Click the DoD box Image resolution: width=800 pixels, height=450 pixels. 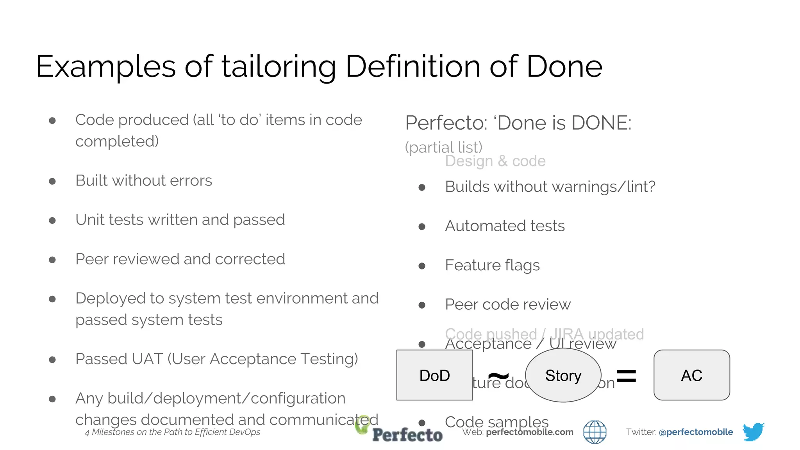click(434, 375)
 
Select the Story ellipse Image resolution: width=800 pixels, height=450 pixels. click(563, 375)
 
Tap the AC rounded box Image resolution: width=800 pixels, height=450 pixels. click(691, 375)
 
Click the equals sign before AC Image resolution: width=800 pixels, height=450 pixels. click(626, 376)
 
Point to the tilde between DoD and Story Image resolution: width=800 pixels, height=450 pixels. click(498, 376)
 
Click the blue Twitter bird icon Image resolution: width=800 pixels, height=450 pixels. click(753, 431)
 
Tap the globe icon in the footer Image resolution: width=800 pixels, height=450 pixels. click(595, 432)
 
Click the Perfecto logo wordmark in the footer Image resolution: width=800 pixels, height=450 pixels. click(407, 434)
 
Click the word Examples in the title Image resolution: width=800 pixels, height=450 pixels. click(105, 66)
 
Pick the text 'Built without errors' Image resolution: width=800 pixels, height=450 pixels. click(143, 180)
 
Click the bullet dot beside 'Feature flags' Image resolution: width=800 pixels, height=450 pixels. click(422, 266)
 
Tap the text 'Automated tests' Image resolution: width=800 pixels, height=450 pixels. click(505, 226)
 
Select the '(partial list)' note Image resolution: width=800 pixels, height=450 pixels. click(443, 147)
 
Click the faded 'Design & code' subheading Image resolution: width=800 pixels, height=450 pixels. click(495, 161)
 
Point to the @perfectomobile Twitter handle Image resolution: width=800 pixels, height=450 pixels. click(695, 432)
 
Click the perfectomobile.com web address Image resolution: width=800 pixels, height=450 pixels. click(529, 432)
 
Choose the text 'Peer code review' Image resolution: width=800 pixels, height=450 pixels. click(507, 304)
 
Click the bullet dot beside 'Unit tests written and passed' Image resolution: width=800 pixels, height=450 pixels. click(52, 221)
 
